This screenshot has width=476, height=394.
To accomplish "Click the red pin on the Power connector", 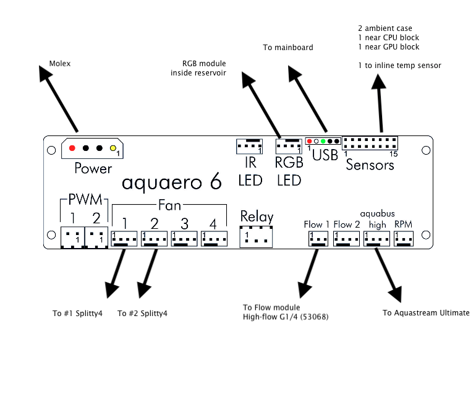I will click(73, 148).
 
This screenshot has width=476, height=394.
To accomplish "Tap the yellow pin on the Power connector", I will click(113, 148).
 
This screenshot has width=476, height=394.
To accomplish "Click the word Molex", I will click(59, 63).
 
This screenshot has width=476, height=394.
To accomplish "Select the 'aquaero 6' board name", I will click(171, 182).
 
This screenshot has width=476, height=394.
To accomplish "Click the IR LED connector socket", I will click(250, 147).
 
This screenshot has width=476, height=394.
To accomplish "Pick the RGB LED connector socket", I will click(289, 147).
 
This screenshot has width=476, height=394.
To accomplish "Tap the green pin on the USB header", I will click(323, 142).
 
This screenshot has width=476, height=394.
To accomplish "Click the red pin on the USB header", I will click(309, 142).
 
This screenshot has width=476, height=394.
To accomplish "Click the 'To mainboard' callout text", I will click(288, 47).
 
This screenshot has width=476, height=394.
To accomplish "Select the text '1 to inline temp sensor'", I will click(399, 65).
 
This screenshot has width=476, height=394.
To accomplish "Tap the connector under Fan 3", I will click(185, 238).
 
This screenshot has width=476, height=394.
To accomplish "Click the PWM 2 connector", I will click(95, 236).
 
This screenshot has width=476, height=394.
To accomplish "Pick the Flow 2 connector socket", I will click(346, 238).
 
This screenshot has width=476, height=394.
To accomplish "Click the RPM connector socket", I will click(403, 238).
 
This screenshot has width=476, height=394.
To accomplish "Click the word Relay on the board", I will click(257, 216).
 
